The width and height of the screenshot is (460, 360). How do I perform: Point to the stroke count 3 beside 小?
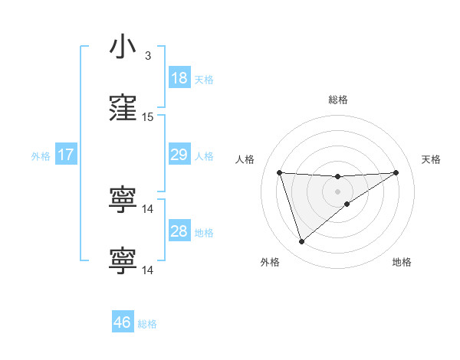(x=148, y=56)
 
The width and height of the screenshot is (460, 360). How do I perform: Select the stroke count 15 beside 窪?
(x=148, y=117)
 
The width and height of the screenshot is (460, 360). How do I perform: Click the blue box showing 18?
(x=179, y=78)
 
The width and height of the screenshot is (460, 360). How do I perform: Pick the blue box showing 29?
(x=179, y=155)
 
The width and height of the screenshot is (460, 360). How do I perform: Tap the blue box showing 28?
(x=179, y=231)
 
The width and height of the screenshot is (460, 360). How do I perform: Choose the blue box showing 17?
(x=66, y=155)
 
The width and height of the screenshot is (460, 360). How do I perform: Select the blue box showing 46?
(x=123, y=322)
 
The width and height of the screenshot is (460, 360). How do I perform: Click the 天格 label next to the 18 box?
(x=204, y=79)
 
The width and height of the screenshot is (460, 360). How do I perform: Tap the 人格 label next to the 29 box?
(x=204, y=155)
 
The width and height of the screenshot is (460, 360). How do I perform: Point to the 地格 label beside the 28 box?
(x=204, y=232)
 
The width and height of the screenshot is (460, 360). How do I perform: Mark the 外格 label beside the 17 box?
(x=41, y=155)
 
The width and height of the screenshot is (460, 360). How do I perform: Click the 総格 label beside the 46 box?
(x=147, y=323)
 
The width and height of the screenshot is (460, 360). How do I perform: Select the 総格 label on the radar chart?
(x=338, y=100)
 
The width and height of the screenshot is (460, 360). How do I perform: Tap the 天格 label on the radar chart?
(x=432, y=159)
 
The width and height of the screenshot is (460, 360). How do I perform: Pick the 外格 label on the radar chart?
(x=270, y=262)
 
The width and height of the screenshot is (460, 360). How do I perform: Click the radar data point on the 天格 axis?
(x=396, y=172)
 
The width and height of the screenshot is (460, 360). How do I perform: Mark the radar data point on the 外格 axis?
(x=301, y=242)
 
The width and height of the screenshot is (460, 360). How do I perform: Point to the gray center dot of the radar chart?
(x=338, y=191)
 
